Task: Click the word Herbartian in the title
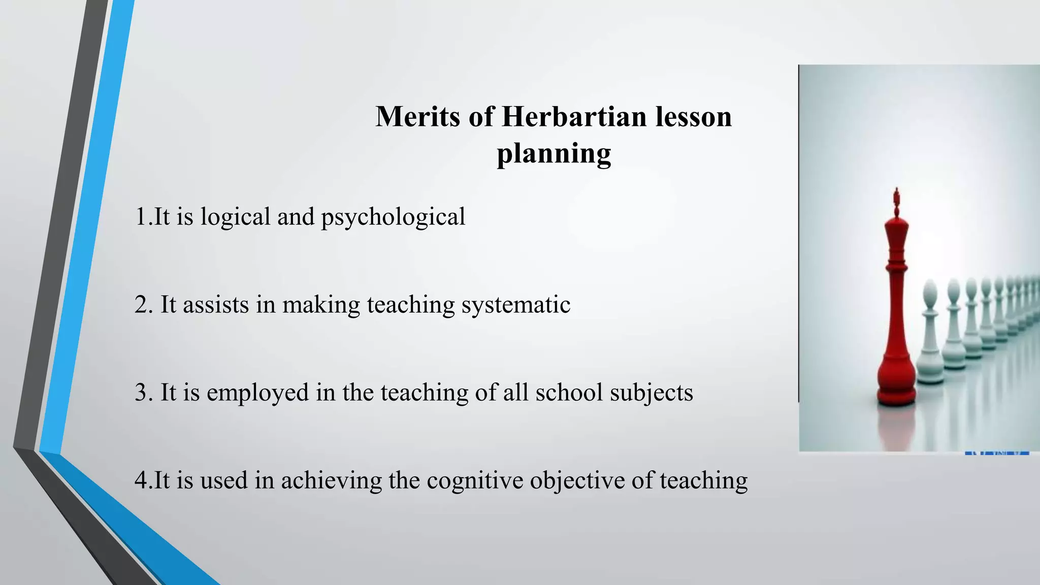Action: coord(574,116)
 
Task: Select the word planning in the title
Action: coord(554,153)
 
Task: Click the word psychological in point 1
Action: coord(393,217)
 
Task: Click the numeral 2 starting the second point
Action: coord(141,305)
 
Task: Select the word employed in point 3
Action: coord(257,393)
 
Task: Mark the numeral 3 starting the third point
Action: coord(141,393)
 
